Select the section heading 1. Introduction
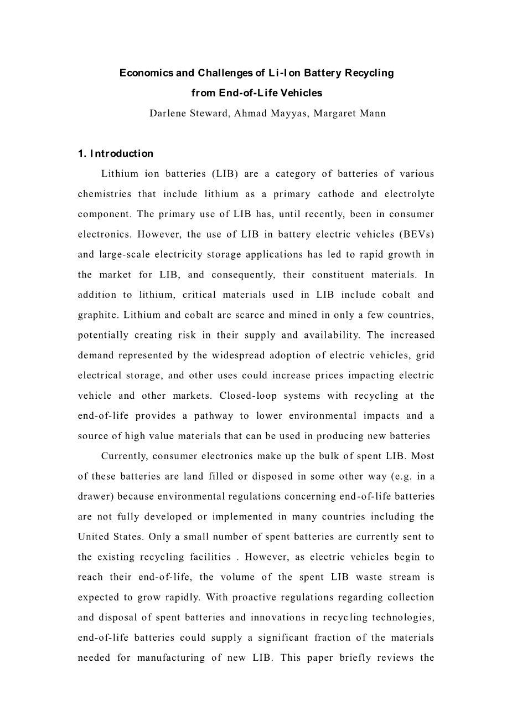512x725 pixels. pos(116,153)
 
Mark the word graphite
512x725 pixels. pos(98,315)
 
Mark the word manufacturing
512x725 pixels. pos(167,658)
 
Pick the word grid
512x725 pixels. pos(425,355)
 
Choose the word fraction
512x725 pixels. pos(335,637)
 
